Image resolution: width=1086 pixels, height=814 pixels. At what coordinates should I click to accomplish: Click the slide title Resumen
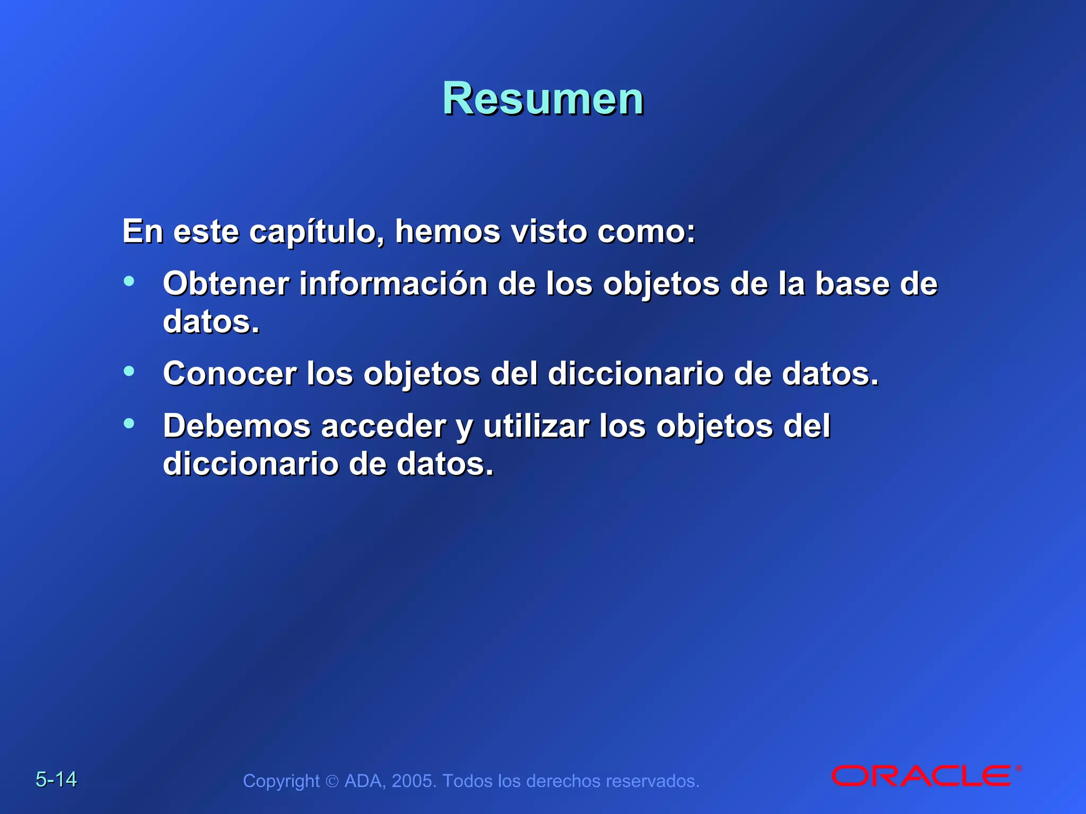coord(543,99)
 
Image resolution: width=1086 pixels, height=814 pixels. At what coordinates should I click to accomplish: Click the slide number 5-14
coord(56,779)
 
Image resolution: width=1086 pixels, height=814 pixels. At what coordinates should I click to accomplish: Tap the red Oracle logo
coord(922,776)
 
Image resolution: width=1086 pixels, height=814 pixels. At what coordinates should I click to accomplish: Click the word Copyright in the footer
coord(281,781)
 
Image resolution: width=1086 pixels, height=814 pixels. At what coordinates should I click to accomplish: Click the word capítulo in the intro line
coord(317,232)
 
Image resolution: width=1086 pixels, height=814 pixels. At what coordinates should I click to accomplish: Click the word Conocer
coord(230,373)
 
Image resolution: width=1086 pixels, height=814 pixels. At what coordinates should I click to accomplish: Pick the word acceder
coord(384,427)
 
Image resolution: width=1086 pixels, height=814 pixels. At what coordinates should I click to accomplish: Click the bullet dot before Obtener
coord(129,281)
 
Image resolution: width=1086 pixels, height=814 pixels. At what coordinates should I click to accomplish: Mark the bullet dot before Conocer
coord(129,371)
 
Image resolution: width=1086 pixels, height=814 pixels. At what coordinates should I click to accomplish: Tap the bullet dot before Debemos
coord(129,423)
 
